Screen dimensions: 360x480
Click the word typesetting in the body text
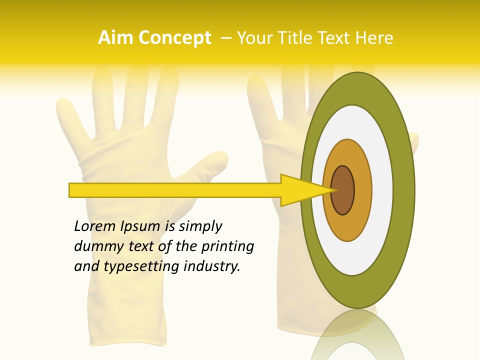(142, 266)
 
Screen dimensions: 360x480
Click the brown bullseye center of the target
(343, 190)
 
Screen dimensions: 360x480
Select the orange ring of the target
(362, 190)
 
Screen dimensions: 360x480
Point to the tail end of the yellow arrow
(72, 190)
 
